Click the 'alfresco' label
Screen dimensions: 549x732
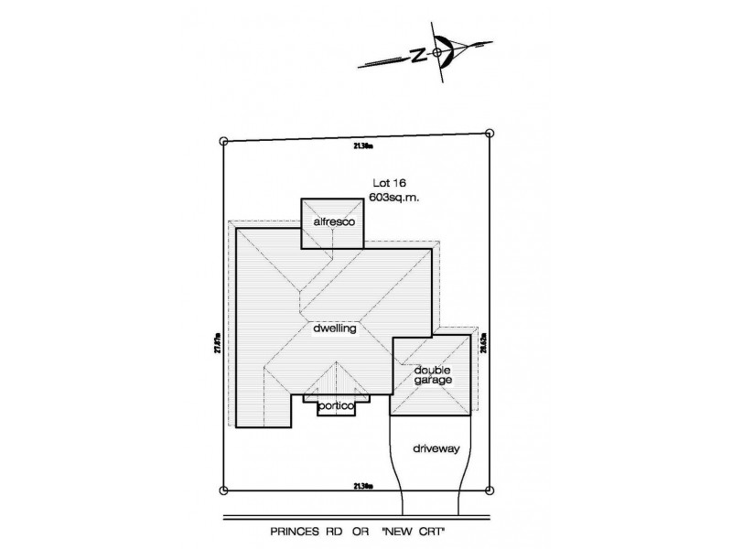tap(333, 222)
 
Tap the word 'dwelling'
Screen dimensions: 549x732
tap(333, 327)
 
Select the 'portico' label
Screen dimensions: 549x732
tap(337, 405)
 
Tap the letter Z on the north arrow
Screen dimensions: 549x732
tap(417, 56)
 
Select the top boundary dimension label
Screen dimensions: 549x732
tap(362, 145)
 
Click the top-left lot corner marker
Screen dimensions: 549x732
tap(224, 141)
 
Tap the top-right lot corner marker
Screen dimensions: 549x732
tap(490, 134)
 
